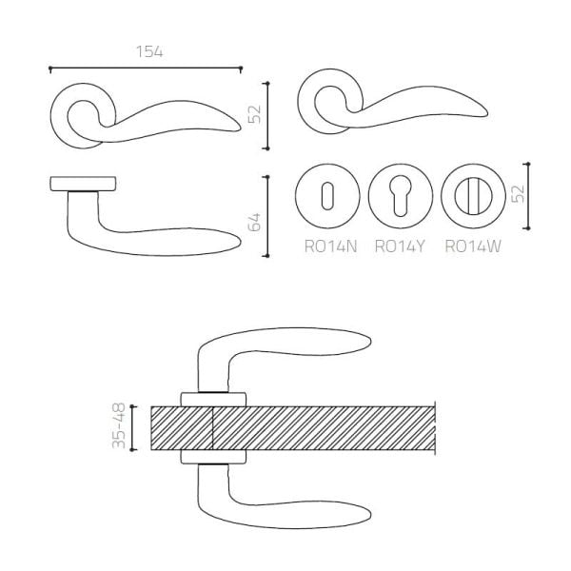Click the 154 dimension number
(x=149, y=51)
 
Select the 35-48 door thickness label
(x=119, y=425)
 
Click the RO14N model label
(x=330, y=246)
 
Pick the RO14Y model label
(x=400, y=246)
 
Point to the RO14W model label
(x=473, y=246)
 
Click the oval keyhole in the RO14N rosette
(x=327, y=195)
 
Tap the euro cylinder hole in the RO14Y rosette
(x=401, y=195)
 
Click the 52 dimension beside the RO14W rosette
(x=518, y=194)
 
